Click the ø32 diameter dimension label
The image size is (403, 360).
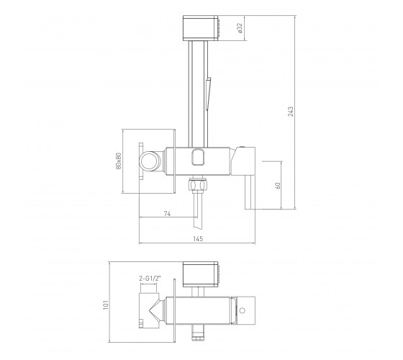[x=240, y=28]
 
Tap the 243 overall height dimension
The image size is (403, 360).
[x=291, y=112]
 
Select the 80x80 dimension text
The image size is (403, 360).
[x=119, y=161]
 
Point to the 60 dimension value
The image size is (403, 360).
[x=278, y=186]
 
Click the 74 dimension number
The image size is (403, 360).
[x=167, y=213]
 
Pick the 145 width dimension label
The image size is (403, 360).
[x=198, y=238]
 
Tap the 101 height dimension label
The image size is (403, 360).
[x=106, y=305]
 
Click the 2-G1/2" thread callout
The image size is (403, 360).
[x=150, y=278]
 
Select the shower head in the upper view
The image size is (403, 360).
[x=201, y=28]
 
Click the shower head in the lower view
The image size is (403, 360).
[x=201, y=274]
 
